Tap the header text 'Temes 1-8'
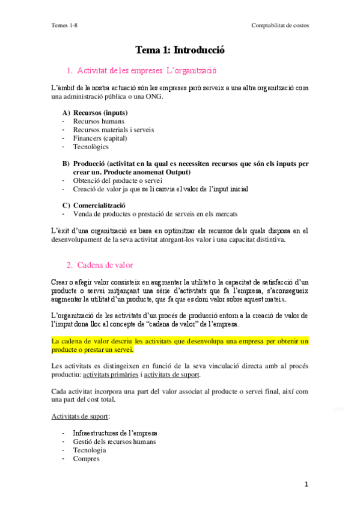(64, 25)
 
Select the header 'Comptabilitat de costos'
(281, 25)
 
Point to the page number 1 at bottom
(307, 484)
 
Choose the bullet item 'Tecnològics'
(91, 146)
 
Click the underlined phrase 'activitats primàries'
(111, 375)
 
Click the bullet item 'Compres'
(87, 458)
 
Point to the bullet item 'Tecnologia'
(90, 450)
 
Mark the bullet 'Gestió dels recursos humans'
(115, 441)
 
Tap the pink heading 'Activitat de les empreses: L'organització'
(146, 70)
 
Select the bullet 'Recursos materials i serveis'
(114, 129)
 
